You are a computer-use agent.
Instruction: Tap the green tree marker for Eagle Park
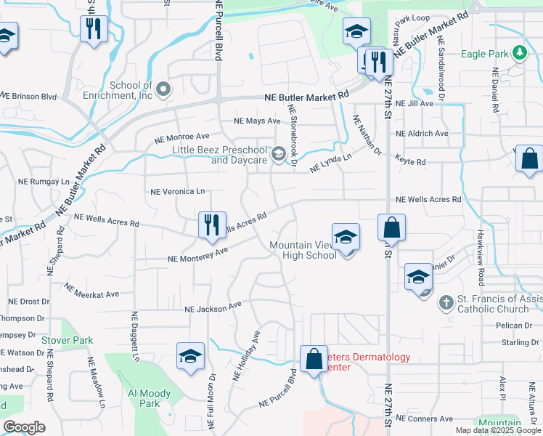pyautogui.click(x=520, y=52)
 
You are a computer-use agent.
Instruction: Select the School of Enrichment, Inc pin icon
pyautogui.click(x=163, y=90)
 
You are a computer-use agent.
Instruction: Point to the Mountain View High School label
pyautogui.click(x=299, y=250)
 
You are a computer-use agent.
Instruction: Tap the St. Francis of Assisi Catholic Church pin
pyautogui.click(x=446, y=302)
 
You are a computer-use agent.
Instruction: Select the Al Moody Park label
pyautogui.click(x=149, y=398)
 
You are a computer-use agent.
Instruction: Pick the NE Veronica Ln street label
pyautogui.click(x=177, y=192)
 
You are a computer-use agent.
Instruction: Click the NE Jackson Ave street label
pyautogui.click(x=213, y=308)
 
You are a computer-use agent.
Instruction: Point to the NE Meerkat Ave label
pyautogui.click(x=91, y=291)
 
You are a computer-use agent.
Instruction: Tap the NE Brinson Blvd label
pyautogui.click(x=28, y=96)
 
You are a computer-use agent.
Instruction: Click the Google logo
pyautogui.click(x=24, y=427)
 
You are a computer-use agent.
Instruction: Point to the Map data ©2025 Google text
pyautogui.click(x=497, y=430)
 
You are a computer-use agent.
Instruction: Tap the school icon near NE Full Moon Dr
pyautogui.click(x=190, y=356)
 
